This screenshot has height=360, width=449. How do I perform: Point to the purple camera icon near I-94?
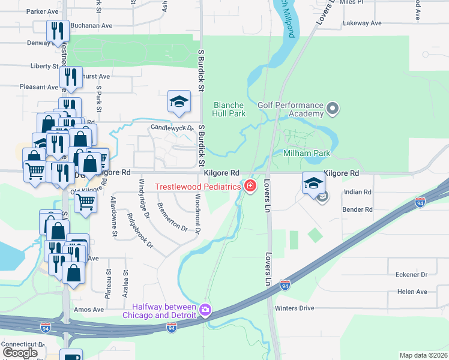pos(206,310)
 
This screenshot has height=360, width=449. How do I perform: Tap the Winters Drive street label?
pos(294,308)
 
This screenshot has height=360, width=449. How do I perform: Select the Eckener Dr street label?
pos(411,275)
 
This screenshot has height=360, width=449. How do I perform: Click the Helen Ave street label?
pos(412,292)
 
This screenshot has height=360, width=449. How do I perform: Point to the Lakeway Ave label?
pos(362,23)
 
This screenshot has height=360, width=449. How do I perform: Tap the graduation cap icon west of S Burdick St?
pos(179,102)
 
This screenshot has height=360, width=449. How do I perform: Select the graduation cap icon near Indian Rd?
pos(313,184)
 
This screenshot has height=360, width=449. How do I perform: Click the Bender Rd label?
pos(357,209)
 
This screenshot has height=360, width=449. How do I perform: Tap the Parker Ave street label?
pos(42,11)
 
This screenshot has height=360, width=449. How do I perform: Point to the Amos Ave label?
pos(88,310)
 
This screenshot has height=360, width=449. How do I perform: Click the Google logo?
pos(20,353)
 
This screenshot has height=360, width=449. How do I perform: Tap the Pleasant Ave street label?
pos(38,87)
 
